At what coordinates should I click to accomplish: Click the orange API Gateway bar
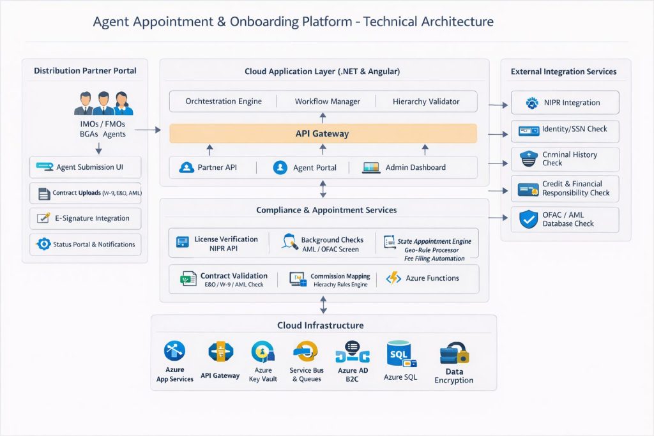pos(323,133)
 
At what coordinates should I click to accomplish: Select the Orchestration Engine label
pos(224,101)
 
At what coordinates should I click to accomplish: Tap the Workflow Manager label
pos(327,101)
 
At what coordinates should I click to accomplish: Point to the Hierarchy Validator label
pos(426,101)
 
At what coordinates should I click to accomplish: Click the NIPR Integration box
pos(565,102)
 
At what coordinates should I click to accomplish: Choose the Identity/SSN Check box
pos(565,130)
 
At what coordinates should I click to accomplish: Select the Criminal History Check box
pos(565,159)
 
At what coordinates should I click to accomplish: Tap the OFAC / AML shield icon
pos(528,220)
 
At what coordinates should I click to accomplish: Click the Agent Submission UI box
pos(85,167)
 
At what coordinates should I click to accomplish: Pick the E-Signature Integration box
pos(85,218)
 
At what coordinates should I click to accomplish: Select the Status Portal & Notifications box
pos(85,244)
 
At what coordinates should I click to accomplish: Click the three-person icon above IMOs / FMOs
pos(103,103)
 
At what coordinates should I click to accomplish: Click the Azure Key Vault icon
pos(262,352)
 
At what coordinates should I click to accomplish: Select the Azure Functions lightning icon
pos(393,278)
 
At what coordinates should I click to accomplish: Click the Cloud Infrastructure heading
pos(320,326)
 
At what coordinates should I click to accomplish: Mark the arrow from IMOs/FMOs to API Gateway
pos(148,130)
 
